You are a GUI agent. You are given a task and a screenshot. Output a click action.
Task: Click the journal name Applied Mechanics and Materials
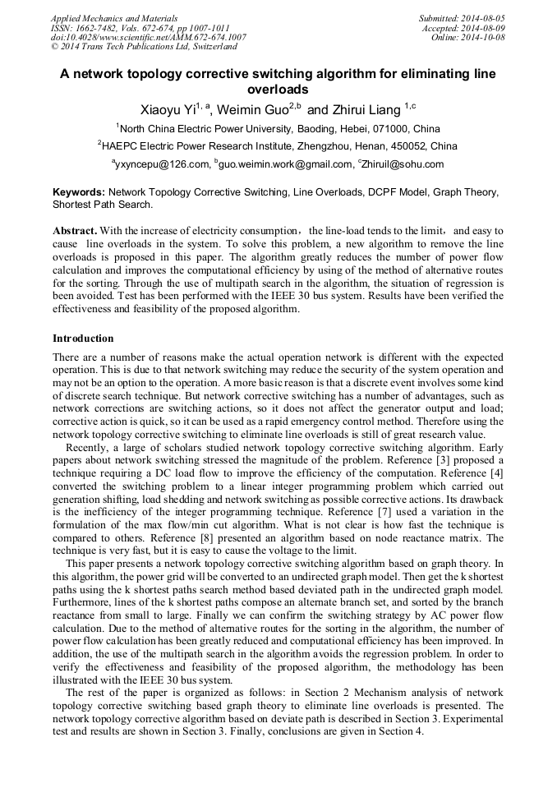114,17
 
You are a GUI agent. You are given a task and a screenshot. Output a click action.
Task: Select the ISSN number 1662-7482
97,27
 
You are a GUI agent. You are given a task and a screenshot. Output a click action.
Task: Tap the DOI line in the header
148,37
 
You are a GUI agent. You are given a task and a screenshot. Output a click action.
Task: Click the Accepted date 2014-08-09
482,27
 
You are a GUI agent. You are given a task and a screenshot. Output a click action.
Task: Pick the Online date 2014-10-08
482,37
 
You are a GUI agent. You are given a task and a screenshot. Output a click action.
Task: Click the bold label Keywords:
78,191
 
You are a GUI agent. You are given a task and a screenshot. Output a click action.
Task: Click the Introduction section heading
83,338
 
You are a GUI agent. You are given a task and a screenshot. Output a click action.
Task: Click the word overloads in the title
278,89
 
